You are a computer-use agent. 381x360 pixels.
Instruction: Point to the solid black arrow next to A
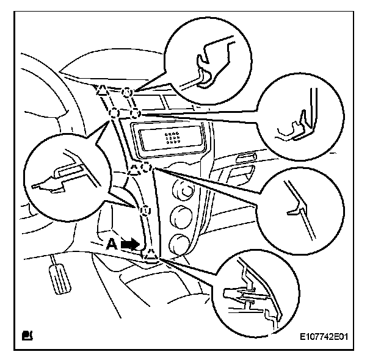tap(129, 243)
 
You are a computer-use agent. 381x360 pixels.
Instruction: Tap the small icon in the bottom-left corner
tap(27, 334)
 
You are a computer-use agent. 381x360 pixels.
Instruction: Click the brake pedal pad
tap(60, 278)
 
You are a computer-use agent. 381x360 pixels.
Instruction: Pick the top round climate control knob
tap(181, 187)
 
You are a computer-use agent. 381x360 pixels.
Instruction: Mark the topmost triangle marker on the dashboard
tap(103, 90)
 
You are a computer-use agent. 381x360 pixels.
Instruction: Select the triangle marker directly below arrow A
tap(150, 256)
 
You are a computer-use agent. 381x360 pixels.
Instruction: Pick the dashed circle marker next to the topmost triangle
tap(126, 92)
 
